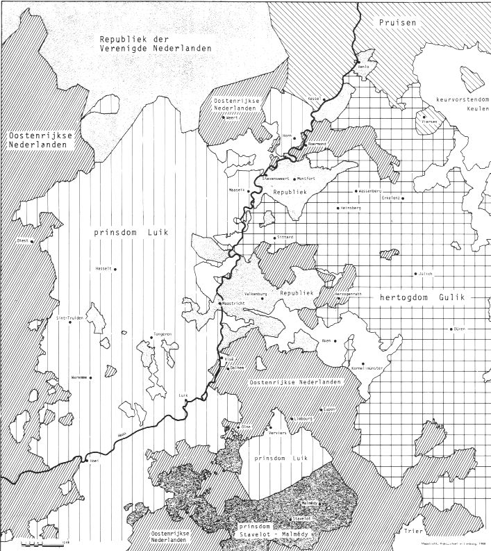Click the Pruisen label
tap(398, 23)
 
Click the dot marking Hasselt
tap(115, 269)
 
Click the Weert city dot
tap(224, 117)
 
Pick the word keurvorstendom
tap(459, 99)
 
